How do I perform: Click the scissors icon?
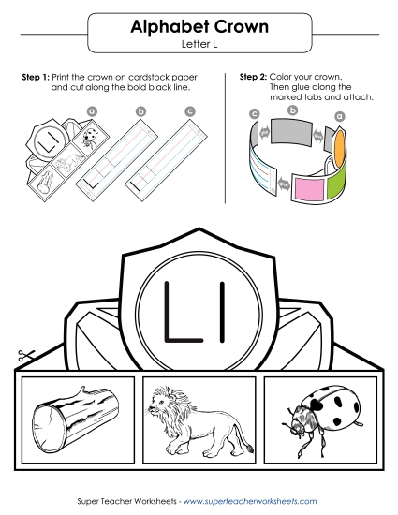[x=24, y=357]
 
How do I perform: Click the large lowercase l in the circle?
[x=224, y=306]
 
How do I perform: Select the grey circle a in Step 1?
[x=91, y=110]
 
